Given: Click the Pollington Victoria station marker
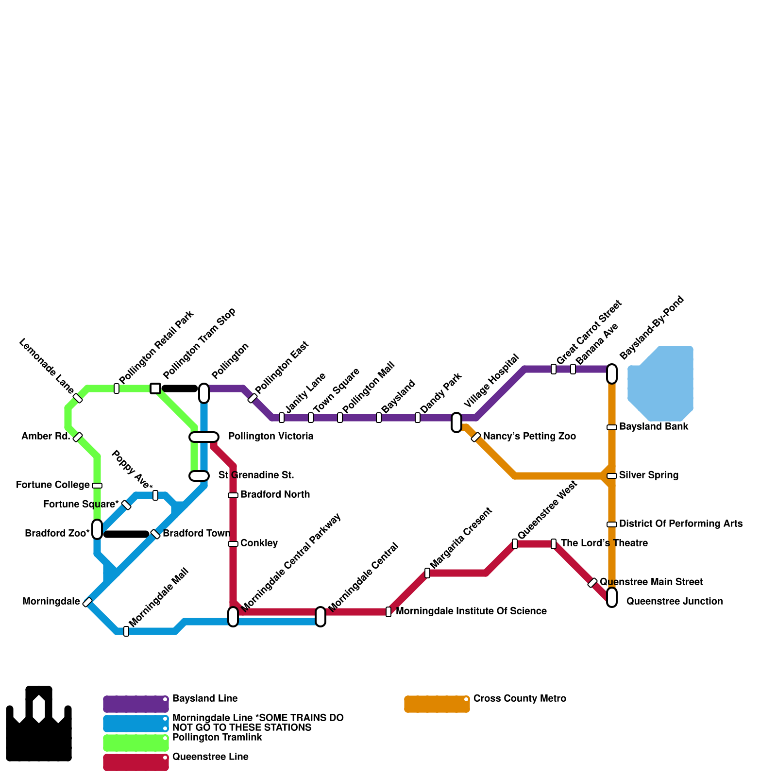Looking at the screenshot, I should coord(204,437).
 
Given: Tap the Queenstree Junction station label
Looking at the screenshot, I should coord(674,602).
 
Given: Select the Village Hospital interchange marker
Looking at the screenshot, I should coord(456,422).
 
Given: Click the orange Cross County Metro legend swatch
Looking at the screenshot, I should coord(437,704).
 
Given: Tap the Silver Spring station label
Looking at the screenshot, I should coord(648,475).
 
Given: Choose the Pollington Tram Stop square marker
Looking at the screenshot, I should coord(155,388).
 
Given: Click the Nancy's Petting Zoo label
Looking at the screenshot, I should coord(529,437).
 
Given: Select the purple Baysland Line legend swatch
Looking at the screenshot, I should coord(135,704).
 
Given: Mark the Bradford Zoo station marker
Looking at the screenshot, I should coord(97,529).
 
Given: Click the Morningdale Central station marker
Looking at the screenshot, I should coord(321,617).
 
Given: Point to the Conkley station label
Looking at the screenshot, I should coord(259,543).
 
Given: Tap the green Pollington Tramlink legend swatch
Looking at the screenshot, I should coord(135,743).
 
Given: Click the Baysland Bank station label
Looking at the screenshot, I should coord(654,427).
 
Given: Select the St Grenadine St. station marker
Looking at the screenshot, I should coord(199,476).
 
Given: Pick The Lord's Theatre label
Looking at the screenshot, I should coord(604,543).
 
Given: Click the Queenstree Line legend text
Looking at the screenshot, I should coord(210,757).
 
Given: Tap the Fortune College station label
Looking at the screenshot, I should coord(53,485).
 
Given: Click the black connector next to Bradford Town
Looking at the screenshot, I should coord(126,534).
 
